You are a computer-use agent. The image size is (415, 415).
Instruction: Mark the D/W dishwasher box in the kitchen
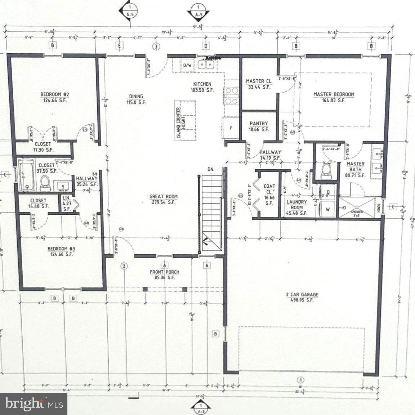[187, 65]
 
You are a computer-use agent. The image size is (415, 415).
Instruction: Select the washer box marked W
[328, 209]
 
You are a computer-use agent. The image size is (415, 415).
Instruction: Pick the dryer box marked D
[328, 192]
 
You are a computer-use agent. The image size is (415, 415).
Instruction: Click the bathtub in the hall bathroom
[26, 175]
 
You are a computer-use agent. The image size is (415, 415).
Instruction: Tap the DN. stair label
[211, 169]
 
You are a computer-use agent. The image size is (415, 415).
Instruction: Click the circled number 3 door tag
[156, 46]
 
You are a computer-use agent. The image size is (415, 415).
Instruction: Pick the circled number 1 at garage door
[300, 380]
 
